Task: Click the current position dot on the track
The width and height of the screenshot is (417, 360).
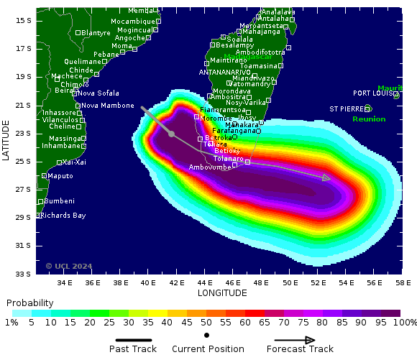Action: coord(171,134)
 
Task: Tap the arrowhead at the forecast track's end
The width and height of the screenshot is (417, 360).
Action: coord(326,177)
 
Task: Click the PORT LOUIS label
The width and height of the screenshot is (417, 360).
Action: coord(375,93)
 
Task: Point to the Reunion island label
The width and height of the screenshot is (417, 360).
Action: coord(369,119)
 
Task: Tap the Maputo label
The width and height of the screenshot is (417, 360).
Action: coord(60,176)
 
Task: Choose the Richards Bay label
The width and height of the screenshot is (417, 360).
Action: coord(63,215)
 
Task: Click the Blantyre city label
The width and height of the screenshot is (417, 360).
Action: coord(96,33)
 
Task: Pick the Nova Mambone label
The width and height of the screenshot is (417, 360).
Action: coord(107,106)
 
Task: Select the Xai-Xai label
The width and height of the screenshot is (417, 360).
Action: coord(74,162)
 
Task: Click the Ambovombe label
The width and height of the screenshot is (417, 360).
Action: coord(210,167)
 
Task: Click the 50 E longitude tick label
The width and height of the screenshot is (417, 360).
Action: coord(290,282)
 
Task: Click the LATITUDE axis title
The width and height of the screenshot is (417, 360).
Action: coord(6,140)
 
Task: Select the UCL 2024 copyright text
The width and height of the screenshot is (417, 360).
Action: coord(69,266)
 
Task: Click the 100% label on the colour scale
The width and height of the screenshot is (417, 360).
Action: coord(403,323)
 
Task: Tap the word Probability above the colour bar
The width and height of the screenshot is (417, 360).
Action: coord(30,303)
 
